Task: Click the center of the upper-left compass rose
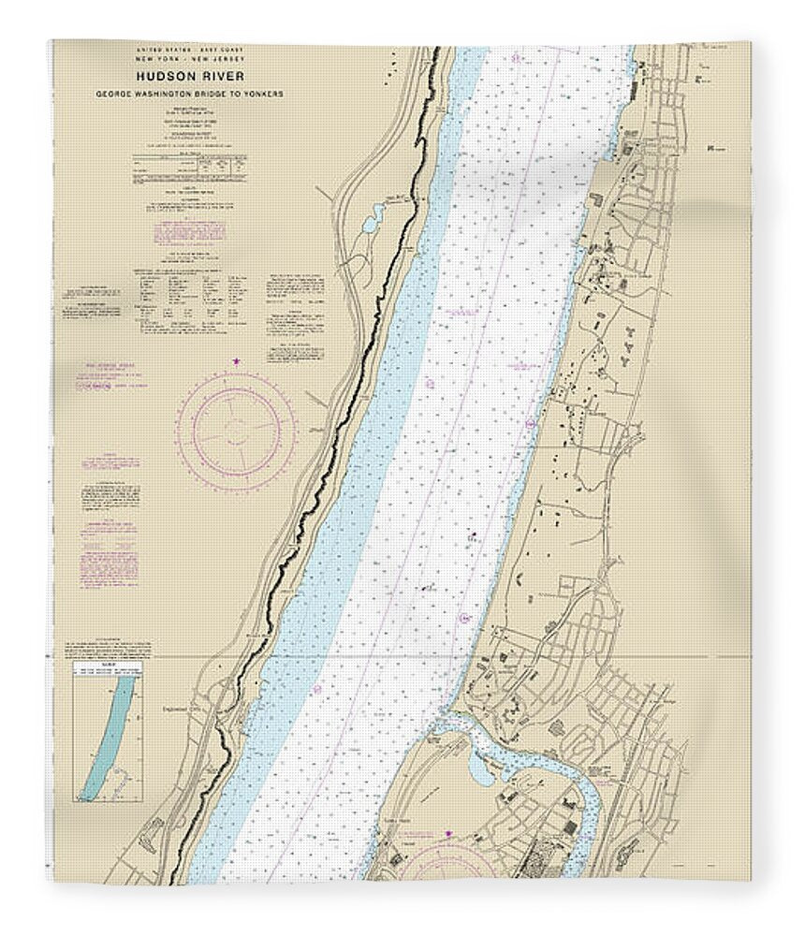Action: (237, 429)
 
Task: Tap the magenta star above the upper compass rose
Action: (237, 360)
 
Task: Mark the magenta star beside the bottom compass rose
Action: (449, 831)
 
